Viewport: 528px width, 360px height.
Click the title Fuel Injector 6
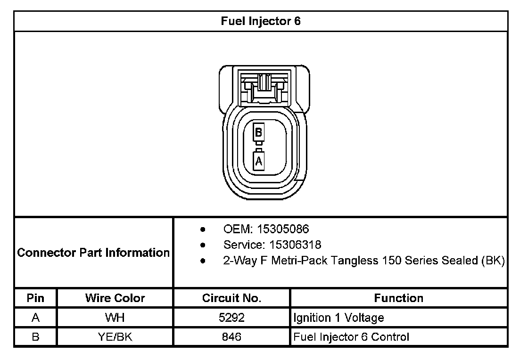click(261, 21)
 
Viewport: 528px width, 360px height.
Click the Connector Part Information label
click(93, 253)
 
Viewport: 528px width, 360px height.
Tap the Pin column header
click(35, 298)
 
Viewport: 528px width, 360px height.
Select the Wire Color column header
click(115, 298)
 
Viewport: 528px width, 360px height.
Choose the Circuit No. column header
click(231, 298)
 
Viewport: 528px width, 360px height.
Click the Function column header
click(398, 298)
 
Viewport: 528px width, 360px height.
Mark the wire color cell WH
click(115, 318)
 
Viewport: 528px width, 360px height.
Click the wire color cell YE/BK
click(115, 337)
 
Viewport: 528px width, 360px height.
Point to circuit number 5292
click(231, 318)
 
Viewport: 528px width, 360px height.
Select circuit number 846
click(231, 337)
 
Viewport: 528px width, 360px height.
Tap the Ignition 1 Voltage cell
click(338, 318)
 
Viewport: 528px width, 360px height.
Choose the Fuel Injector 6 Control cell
click(351, 337)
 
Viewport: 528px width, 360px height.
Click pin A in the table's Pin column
click(35, 318)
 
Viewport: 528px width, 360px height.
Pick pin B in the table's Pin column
click(35, 337)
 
